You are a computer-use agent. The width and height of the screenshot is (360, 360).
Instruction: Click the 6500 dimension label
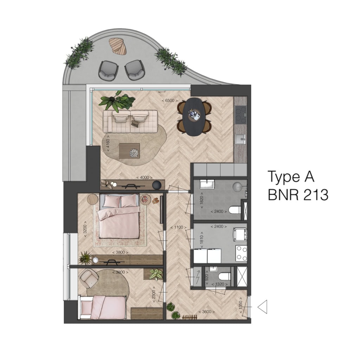coord(170,101)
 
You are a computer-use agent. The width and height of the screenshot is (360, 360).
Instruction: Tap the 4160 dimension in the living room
coord(108,143)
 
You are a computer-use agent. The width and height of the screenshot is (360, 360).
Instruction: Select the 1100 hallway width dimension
coord(178,227)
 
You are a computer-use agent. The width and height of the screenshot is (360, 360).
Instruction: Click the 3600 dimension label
coord(207,312)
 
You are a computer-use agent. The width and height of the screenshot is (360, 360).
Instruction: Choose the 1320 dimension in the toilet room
coord(219,284)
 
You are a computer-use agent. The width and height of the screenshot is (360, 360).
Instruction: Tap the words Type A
coord(291,177)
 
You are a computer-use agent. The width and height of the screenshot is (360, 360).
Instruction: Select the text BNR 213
coord(298,195)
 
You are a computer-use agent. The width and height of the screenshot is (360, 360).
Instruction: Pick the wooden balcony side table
coord(118,46)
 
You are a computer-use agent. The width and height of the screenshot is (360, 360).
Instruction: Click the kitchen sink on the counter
coord(240,139)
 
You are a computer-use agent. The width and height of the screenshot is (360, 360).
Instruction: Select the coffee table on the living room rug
coord(129,151)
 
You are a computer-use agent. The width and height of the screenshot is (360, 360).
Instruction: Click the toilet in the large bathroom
coord(235,210)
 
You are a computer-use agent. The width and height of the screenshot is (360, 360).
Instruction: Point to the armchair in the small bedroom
coord(89,278)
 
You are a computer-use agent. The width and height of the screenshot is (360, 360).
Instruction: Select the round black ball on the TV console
coord(157,185)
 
